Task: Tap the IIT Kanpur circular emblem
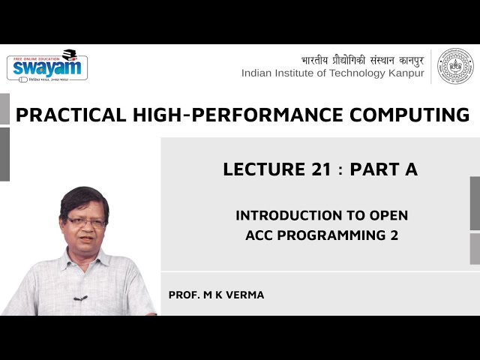click(455, 66)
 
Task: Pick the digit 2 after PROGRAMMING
click(393, 235)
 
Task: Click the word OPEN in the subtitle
click(388, 215)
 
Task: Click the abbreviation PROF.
click(184, 295)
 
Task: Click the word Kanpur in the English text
click(404, 73)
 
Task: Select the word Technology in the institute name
click(347, 73)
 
